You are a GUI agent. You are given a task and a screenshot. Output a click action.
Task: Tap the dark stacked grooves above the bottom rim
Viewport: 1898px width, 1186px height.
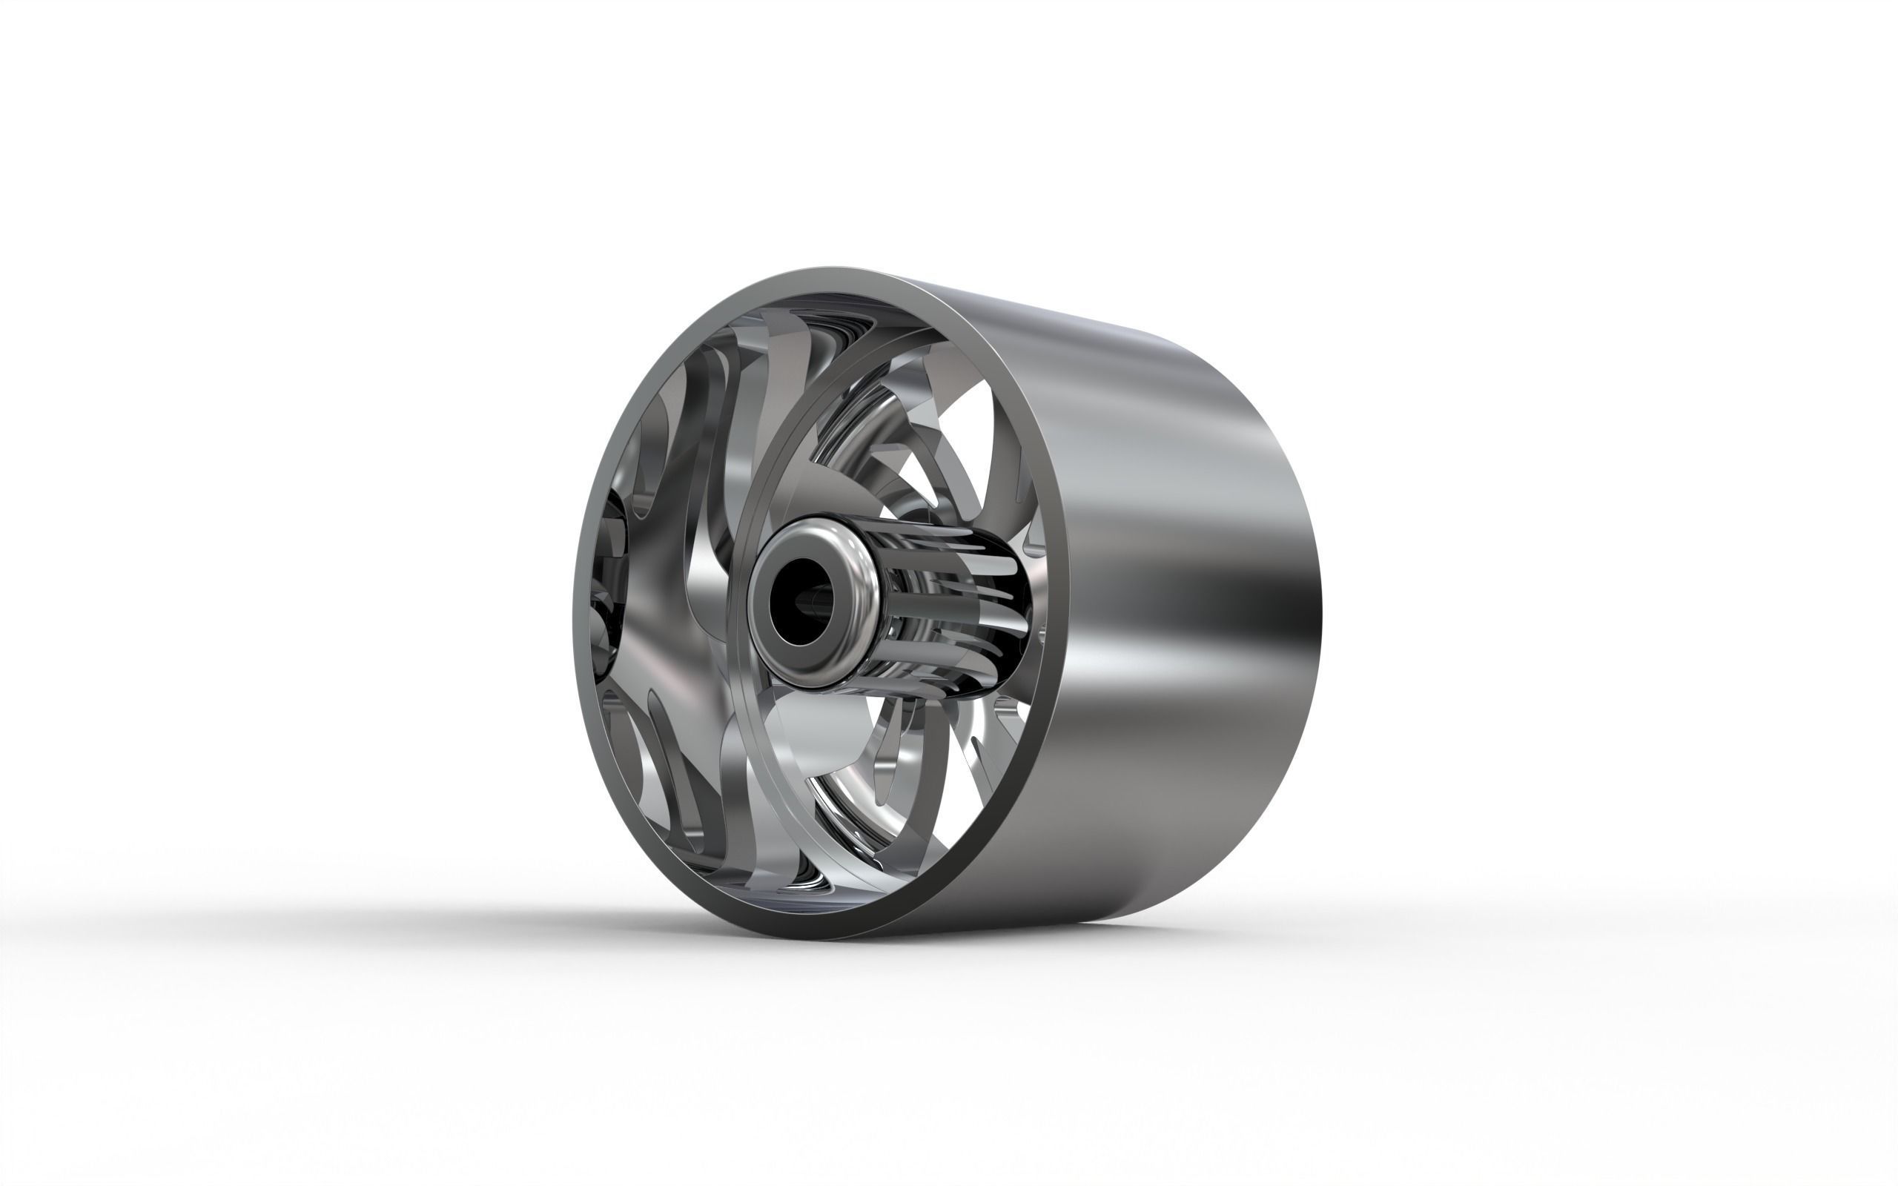pyautogui.click(x=808, y=902)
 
